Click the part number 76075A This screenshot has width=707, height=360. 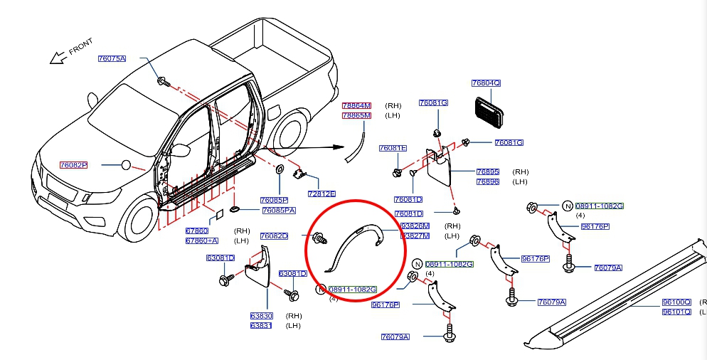[x=112, y=58]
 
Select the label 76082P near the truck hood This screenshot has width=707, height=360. [x=73, y=165]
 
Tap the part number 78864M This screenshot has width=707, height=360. [x=356, y=106]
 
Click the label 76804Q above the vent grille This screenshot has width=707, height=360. [x=486, y=83]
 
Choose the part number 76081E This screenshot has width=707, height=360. [x=393, y=148]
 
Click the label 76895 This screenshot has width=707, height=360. [x=488, y=172]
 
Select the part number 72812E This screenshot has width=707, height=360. [x=321, y=194]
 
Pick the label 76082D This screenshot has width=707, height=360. [x=274, y=235]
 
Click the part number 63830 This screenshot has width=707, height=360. [x=262, y=316]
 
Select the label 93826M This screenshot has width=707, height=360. [x=415, y=226]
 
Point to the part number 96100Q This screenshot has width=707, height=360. [x=676, y=302]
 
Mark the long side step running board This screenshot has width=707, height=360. [x=612, y=299]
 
